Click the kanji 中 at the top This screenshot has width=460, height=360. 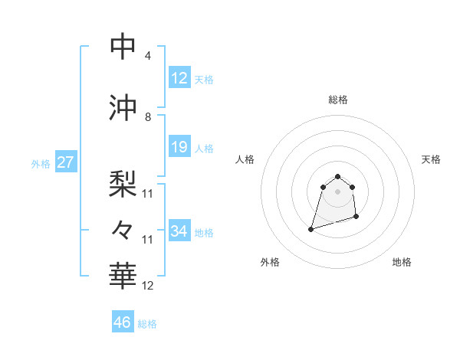[123, 47]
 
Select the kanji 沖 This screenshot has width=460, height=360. [123, 108]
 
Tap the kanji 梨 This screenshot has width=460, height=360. [123, 182]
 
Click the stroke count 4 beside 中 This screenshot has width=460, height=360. [148, 56]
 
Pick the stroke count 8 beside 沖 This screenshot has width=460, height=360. [148, 117]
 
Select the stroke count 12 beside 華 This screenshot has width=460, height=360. [148, 286]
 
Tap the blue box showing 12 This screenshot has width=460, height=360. [179, 78]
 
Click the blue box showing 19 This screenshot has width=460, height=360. [179, 147]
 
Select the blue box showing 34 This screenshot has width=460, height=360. [179, 231]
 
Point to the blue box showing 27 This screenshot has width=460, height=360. [65, 162]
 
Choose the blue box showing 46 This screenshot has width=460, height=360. [123, 322]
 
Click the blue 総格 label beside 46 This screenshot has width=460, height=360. [147, 324]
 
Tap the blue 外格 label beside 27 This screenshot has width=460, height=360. [41, 163]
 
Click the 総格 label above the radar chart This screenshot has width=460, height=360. [337, 100]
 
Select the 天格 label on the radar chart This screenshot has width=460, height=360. [431, 159]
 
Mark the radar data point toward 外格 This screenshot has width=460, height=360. [311, 229]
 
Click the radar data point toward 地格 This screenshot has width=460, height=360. [357, 218]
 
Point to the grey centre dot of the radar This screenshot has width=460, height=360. [337, 191]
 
